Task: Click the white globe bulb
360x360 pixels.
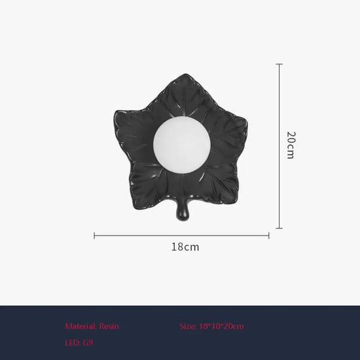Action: click(181, 145)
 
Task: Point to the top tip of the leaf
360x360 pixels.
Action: click(185, 75)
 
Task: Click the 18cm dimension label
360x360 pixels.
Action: click(185, 247)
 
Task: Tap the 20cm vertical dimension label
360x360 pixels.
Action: click(291, 145)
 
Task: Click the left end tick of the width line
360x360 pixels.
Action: click(94, 236)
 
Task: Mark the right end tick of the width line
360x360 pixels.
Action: click(268, 236)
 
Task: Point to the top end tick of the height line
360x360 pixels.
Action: click(279, 64)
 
